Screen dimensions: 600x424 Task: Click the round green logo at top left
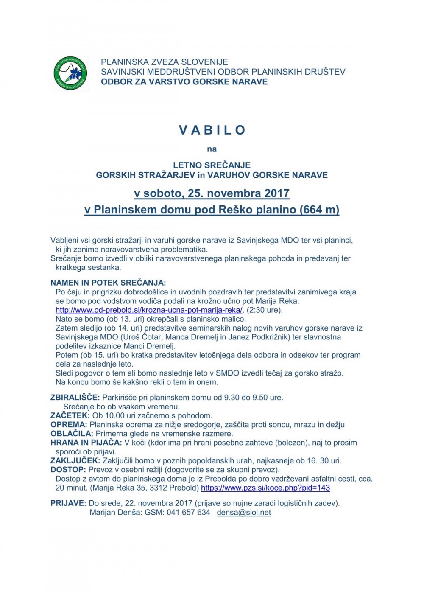click(x=70, y=73)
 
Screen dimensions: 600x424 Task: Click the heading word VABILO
click(x=212, y=130)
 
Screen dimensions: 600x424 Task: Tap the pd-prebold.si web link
click(x=149, y=310)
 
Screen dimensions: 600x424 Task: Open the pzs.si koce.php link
click(x=265, y=488)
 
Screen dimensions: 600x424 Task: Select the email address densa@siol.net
click(x=244, y=513)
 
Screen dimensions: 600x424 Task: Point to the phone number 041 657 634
click(x=190, y=513)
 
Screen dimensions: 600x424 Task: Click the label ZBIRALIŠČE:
click(x=75, y=398)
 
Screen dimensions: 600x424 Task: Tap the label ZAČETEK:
click(x=70, y=415)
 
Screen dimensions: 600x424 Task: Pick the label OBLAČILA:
click(x=72, y=434)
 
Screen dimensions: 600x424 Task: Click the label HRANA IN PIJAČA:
click(x=86, y=443)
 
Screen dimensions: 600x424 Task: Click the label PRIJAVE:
click(x=68, y=503)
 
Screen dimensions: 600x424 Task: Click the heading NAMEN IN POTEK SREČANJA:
click(x=108, y=283)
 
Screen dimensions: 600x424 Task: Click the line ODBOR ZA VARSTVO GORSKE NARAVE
click(x=184, y=82)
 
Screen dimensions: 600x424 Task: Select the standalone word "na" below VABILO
click(x=212, y=149)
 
